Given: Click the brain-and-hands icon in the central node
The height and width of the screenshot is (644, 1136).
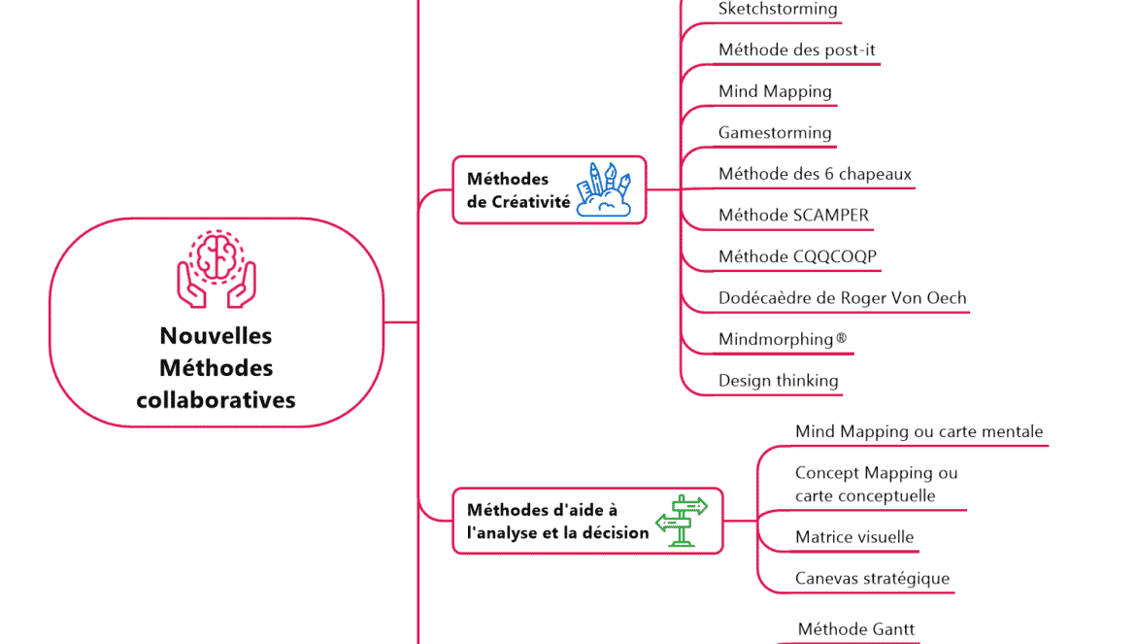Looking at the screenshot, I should coord(216,269).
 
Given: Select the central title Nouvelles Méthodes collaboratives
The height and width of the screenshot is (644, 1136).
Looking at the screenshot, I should coord(216,368).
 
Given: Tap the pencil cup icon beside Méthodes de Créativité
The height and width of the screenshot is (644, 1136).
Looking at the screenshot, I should coord(604,189).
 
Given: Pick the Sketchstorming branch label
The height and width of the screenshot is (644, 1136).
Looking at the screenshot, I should coord(778,9).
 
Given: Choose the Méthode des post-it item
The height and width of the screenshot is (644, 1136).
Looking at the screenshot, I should coord(797,50).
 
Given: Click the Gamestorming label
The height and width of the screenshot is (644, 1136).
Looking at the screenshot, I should coord(775,132).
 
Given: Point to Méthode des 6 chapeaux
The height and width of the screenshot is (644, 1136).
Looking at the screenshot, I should coord(815,174).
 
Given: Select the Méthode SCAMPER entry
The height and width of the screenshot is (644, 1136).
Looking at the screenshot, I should coord(793,215).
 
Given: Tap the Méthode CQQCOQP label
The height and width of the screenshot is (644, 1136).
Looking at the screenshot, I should coord(798,256).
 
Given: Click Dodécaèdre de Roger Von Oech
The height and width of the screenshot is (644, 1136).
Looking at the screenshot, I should coord(842,298).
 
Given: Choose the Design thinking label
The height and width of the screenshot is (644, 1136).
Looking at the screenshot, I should coord(778,381).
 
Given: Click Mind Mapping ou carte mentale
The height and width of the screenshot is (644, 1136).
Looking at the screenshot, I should coord(919,431).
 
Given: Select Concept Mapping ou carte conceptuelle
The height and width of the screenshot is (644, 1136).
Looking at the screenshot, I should coord(876,484).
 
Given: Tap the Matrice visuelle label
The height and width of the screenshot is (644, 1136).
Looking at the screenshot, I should coord(854,537).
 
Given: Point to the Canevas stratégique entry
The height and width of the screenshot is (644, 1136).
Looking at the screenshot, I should coord(872,579).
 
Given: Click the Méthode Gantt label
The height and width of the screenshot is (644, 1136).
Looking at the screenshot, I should coord(855,629).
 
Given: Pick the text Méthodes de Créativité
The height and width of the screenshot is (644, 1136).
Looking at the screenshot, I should coord(518,190).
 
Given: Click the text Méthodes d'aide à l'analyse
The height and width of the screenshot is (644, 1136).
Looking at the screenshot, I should coord(557,521).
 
